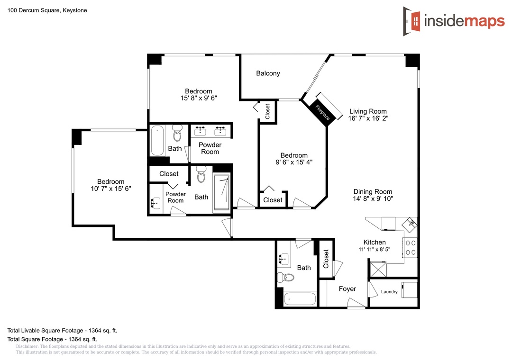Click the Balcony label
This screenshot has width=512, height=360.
(x=268, y=73)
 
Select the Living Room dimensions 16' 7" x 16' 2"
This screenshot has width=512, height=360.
(x=368, y=118)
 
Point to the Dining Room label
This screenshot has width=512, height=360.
(x=373, y=191)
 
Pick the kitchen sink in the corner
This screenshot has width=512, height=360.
(x=409, y=224)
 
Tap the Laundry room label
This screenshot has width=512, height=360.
(x=389, y=292)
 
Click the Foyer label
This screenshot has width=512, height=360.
(x=347, y=289)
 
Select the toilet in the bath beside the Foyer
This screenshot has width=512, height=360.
(x=285, y=278)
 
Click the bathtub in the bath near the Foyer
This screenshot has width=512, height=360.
(x=300, y=298)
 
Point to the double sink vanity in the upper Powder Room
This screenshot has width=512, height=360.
(x=210, y=131)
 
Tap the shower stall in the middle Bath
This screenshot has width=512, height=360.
(x=221, y=192)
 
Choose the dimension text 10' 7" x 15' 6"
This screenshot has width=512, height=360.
(x=110, y=189)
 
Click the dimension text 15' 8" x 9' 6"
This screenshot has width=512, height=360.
(x=199, y=98)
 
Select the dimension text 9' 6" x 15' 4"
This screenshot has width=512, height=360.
(x=294, y=162)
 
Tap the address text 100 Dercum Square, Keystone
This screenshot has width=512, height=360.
(x=47, y=10)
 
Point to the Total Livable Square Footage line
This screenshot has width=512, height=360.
(x=62, y=331)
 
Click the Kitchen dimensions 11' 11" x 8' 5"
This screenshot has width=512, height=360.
(x=375, y=249)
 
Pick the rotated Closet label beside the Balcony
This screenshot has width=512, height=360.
(x=268, y=111)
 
